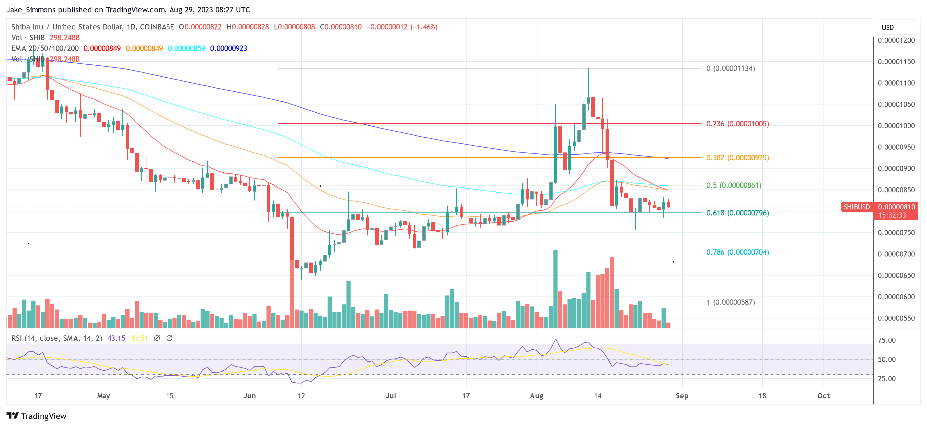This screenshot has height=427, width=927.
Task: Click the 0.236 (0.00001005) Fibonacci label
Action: [737, 124]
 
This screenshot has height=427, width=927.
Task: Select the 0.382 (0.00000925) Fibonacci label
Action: [737, 158]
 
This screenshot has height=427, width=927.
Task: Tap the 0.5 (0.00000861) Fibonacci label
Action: [734, 185]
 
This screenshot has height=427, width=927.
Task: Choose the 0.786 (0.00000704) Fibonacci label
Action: [737, 252]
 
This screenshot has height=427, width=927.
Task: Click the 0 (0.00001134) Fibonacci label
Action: [731, 68]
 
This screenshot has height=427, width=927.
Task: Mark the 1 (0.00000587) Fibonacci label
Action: [731, 302]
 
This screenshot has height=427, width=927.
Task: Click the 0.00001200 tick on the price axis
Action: [896, 40]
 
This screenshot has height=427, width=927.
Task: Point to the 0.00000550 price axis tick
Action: [896, 318]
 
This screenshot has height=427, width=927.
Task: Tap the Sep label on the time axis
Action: [682, 396]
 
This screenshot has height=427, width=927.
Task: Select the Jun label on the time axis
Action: [249, 396]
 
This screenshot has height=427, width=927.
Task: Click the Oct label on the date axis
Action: [823, 396]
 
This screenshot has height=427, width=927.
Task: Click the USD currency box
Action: [887, 27]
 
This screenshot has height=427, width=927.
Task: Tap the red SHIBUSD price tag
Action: [856, 207]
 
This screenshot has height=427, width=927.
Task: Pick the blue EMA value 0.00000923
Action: [228, 48]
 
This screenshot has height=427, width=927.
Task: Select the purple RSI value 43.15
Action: [116, 338]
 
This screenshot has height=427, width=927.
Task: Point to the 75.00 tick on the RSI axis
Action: [887, 340]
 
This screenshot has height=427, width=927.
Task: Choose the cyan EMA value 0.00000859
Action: [187, 48]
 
